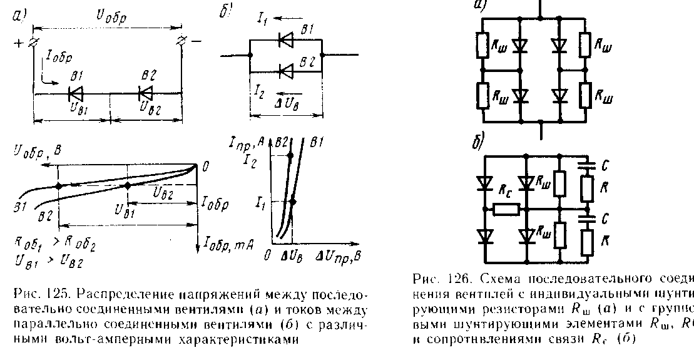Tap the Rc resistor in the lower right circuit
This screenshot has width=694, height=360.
point(506,210)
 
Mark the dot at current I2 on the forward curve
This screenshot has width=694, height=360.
point(290,155)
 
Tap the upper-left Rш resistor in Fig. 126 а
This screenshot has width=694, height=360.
point(482,46)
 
